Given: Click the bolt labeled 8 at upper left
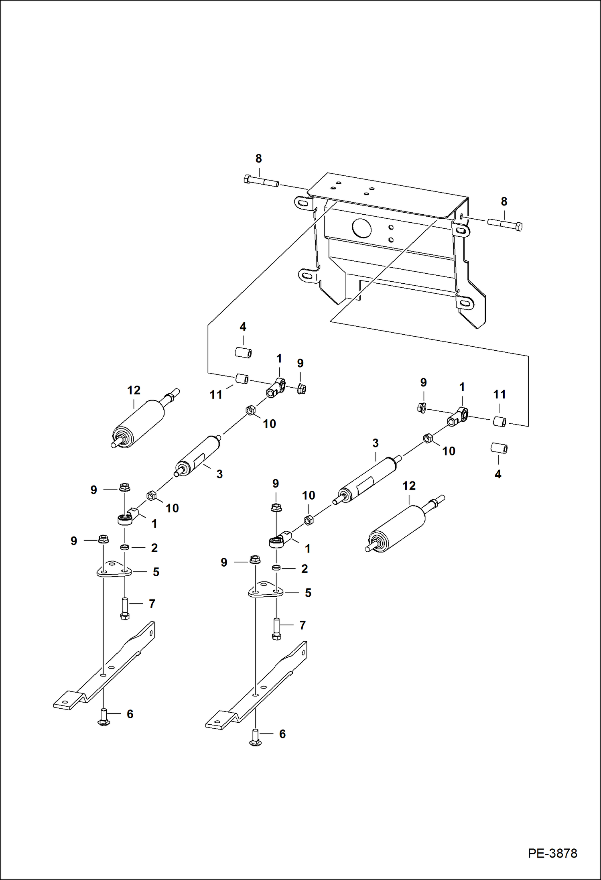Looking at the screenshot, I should pos(261,181).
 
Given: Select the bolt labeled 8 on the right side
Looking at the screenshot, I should pos(505,224).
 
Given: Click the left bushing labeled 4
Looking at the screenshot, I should pos(243,353).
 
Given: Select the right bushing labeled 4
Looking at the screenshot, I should pos(499,448).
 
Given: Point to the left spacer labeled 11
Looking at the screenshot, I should pos(242,379).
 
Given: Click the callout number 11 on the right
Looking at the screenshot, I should pos(499,394).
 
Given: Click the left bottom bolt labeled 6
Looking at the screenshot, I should pos(104,717).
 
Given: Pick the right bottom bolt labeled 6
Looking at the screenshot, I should pos(256,737).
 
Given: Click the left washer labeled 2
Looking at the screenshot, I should pos(125,547).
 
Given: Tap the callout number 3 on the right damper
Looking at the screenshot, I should pos(375,443).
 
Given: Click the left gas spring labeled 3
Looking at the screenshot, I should pos(197,456).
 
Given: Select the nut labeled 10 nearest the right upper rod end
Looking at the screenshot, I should pos(428,438).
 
